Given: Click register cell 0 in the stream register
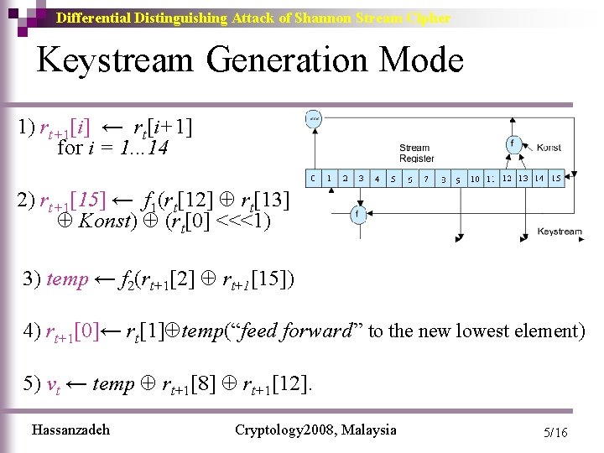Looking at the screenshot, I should (x=312, y=178).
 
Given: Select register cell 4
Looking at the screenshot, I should (x=377, y=178).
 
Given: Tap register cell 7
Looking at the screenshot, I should (x=425, y=178).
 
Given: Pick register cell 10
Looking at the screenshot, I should (x=474, y=178).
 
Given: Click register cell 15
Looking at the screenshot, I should (x=555, y=178).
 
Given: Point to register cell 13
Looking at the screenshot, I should (x=523, y=178).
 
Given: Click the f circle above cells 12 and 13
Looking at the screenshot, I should (x=511, y=143).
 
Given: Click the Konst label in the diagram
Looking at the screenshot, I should (x=548, y=148).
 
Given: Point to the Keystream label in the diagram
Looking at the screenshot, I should (x=559, y=232).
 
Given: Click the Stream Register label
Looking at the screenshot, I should (x=416, y=153).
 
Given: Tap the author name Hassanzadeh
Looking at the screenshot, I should (x=70, y=430).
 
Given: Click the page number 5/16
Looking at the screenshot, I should (x=555, y=433).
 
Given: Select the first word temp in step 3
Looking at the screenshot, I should (x=67, y=279).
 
